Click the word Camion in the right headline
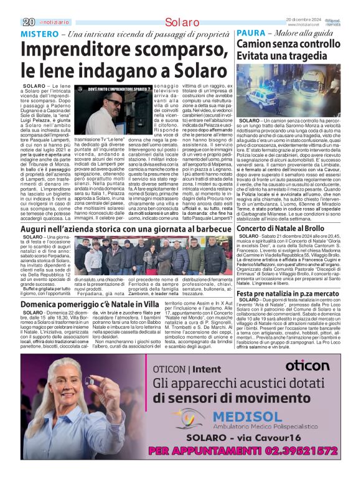[x=256, y=45]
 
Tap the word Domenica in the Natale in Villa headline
[x=45, y=304]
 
